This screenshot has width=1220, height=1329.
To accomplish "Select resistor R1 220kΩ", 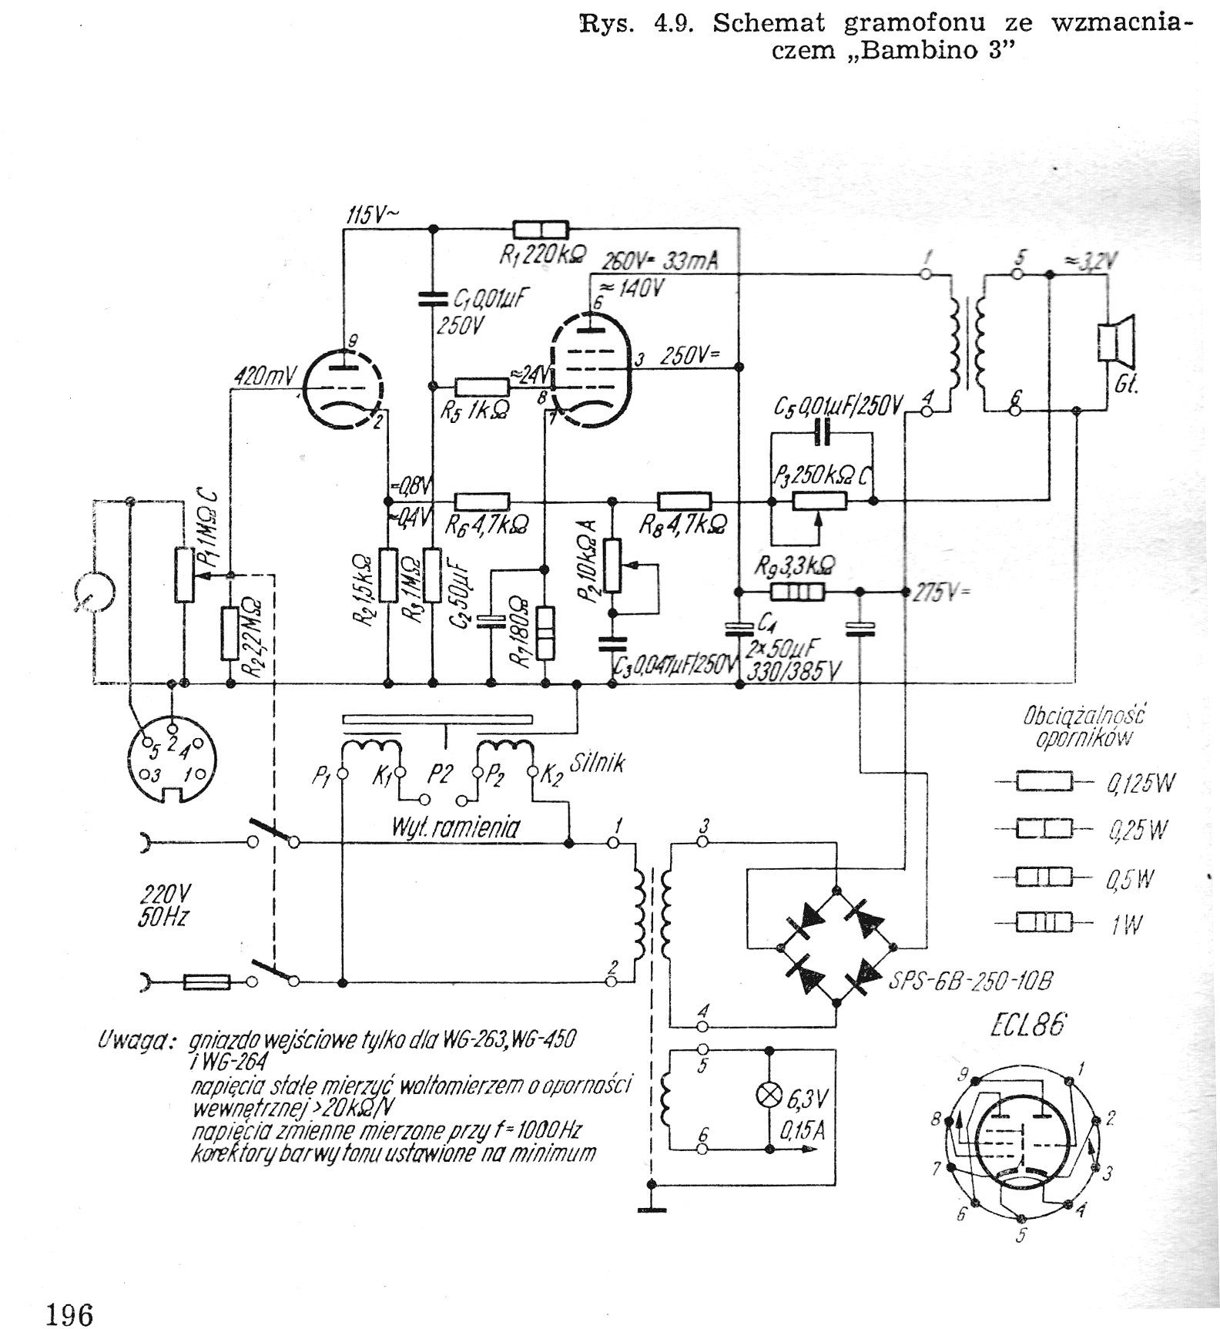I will (x=541, y=229).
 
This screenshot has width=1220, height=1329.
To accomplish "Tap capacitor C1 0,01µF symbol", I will (x=433, y=298).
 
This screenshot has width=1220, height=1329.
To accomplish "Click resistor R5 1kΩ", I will (x=481, y=387).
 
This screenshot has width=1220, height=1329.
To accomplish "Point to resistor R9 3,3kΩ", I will (x=797, y=592).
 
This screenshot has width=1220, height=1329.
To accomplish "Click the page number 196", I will (x=69, y=1313).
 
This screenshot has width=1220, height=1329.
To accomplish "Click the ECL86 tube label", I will (x=1028, y=1026).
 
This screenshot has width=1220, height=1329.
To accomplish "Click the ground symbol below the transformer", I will (x=652, y=1208).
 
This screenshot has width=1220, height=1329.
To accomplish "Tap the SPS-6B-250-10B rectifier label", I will (x=970, y=982).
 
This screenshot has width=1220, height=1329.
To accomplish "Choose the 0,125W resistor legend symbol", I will (x=1044, y=782).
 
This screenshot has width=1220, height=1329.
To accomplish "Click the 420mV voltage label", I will (x=266, y=376).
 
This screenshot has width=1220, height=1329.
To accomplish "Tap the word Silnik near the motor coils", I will (x=597, y=763).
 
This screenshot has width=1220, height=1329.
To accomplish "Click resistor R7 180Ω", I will (x=545, y=633).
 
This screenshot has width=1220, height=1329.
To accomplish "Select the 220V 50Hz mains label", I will (x=164, y=905).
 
